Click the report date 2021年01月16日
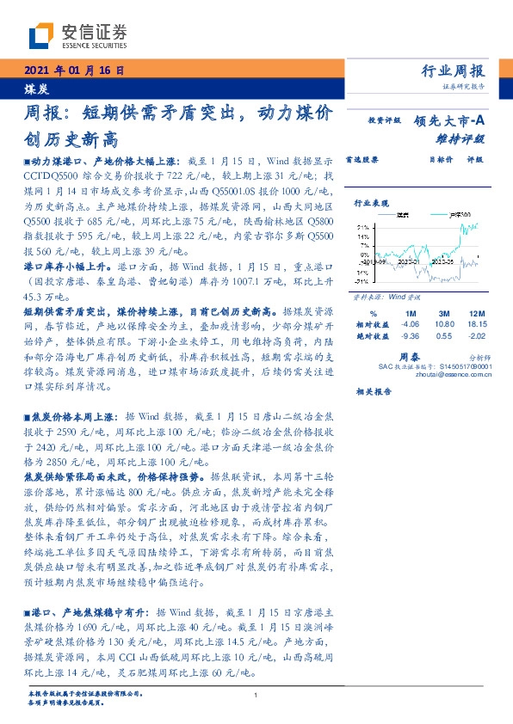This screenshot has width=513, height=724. pos(72,71)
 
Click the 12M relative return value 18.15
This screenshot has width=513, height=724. pos(477,324)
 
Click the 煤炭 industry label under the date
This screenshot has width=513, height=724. pos(34,89)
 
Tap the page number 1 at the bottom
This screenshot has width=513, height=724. pos(256,696)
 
